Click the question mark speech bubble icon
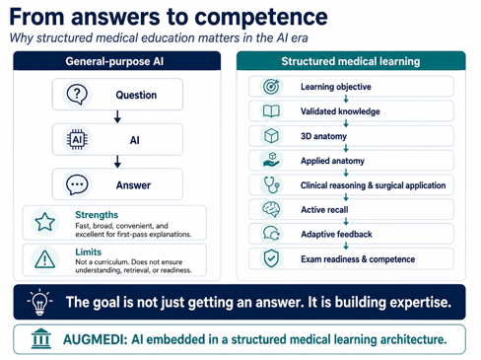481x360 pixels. pos(77,95)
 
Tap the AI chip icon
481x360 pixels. pos(77,140)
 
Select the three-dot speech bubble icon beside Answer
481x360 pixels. pos(77,184)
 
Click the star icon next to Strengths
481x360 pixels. pos(45,222)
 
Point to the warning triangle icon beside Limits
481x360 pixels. pos(45,258)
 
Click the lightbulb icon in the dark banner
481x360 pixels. pos(39,302)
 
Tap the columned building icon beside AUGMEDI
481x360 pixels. pos(41,338)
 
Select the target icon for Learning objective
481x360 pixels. pos(271,87)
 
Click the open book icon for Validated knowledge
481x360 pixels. pos(271,111)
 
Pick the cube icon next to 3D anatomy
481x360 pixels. pos(271,136)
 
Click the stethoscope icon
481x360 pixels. pos(272,184)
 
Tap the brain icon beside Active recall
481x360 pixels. pos(271,209)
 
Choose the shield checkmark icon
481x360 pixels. pos(271,258)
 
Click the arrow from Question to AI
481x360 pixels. pos(117,117)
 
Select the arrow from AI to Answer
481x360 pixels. pos(117,162)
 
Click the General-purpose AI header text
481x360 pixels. pos(114,61)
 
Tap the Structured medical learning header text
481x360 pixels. pos(351,61)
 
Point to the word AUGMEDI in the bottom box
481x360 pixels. pos(95,339)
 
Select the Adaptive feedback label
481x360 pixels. pos(336,234)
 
